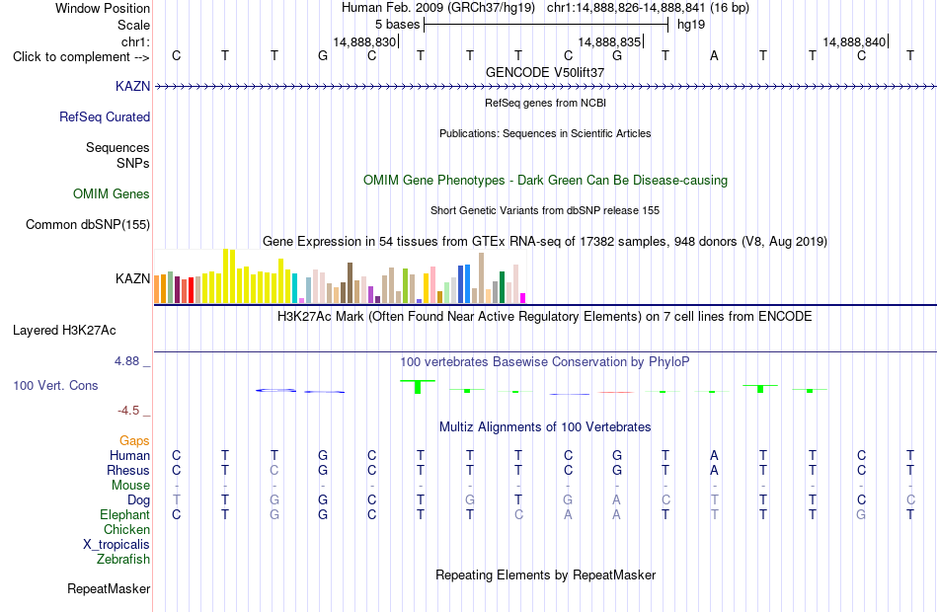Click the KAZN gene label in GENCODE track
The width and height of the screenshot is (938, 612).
[133, 86]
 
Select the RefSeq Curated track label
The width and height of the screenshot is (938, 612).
[105, 116]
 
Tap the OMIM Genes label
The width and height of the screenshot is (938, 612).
[112, 193]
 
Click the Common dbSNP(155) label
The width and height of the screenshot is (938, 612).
[88, 224]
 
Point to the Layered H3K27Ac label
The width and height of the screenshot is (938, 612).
[64, 331]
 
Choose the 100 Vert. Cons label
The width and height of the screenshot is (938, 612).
[55, 385]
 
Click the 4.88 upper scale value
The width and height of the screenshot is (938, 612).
[126, 361]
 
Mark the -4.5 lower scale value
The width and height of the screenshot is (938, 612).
[128, 411]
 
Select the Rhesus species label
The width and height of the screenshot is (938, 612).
[128, 470]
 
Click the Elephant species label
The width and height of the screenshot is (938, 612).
[125, 514]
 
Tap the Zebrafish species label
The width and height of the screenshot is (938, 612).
[123, 559]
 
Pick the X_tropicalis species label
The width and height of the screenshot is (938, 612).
[117, 545]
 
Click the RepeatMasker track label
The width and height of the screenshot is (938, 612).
[109, 588]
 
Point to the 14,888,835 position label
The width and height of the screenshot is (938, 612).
[609, 41]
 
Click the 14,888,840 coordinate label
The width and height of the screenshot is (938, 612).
[854, 41]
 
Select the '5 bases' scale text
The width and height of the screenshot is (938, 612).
[398, 25]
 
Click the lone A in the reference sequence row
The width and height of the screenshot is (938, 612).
[714, 55]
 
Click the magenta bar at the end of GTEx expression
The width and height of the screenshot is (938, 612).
[523, 298]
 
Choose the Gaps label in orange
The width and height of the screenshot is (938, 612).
[134, 441]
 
